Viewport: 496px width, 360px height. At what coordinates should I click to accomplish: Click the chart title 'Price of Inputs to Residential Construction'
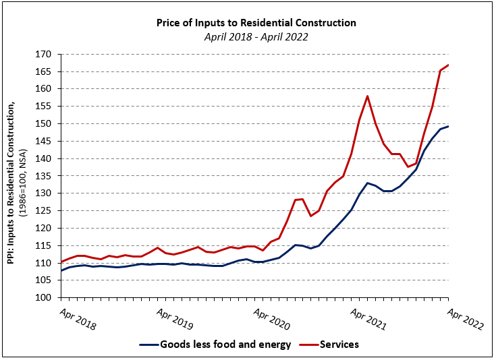(x=256, y=22)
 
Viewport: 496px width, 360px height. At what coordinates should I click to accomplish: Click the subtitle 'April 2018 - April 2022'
(x=256, y=37)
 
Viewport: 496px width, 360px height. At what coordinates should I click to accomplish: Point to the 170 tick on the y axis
(x=45, y=54)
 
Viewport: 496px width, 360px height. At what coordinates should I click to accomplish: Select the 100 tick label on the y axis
(x=45, y=297)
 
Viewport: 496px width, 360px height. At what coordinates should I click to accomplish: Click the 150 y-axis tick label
(x=45, y=123)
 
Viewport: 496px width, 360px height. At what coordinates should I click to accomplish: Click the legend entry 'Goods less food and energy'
(x=225, y=344)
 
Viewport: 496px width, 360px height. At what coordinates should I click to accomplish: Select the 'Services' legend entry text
(x=340, y=344)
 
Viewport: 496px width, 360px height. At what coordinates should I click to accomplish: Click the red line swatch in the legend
(x=308, y=344)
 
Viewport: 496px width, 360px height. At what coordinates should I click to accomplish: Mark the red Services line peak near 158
(x=367, y=96)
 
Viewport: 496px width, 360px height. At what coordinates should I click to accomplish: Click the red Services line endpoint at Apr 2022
(x=448, y=65)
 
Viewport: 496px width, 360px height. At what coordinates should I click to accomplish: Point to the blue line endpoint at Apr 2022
(x=448, y=126)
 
